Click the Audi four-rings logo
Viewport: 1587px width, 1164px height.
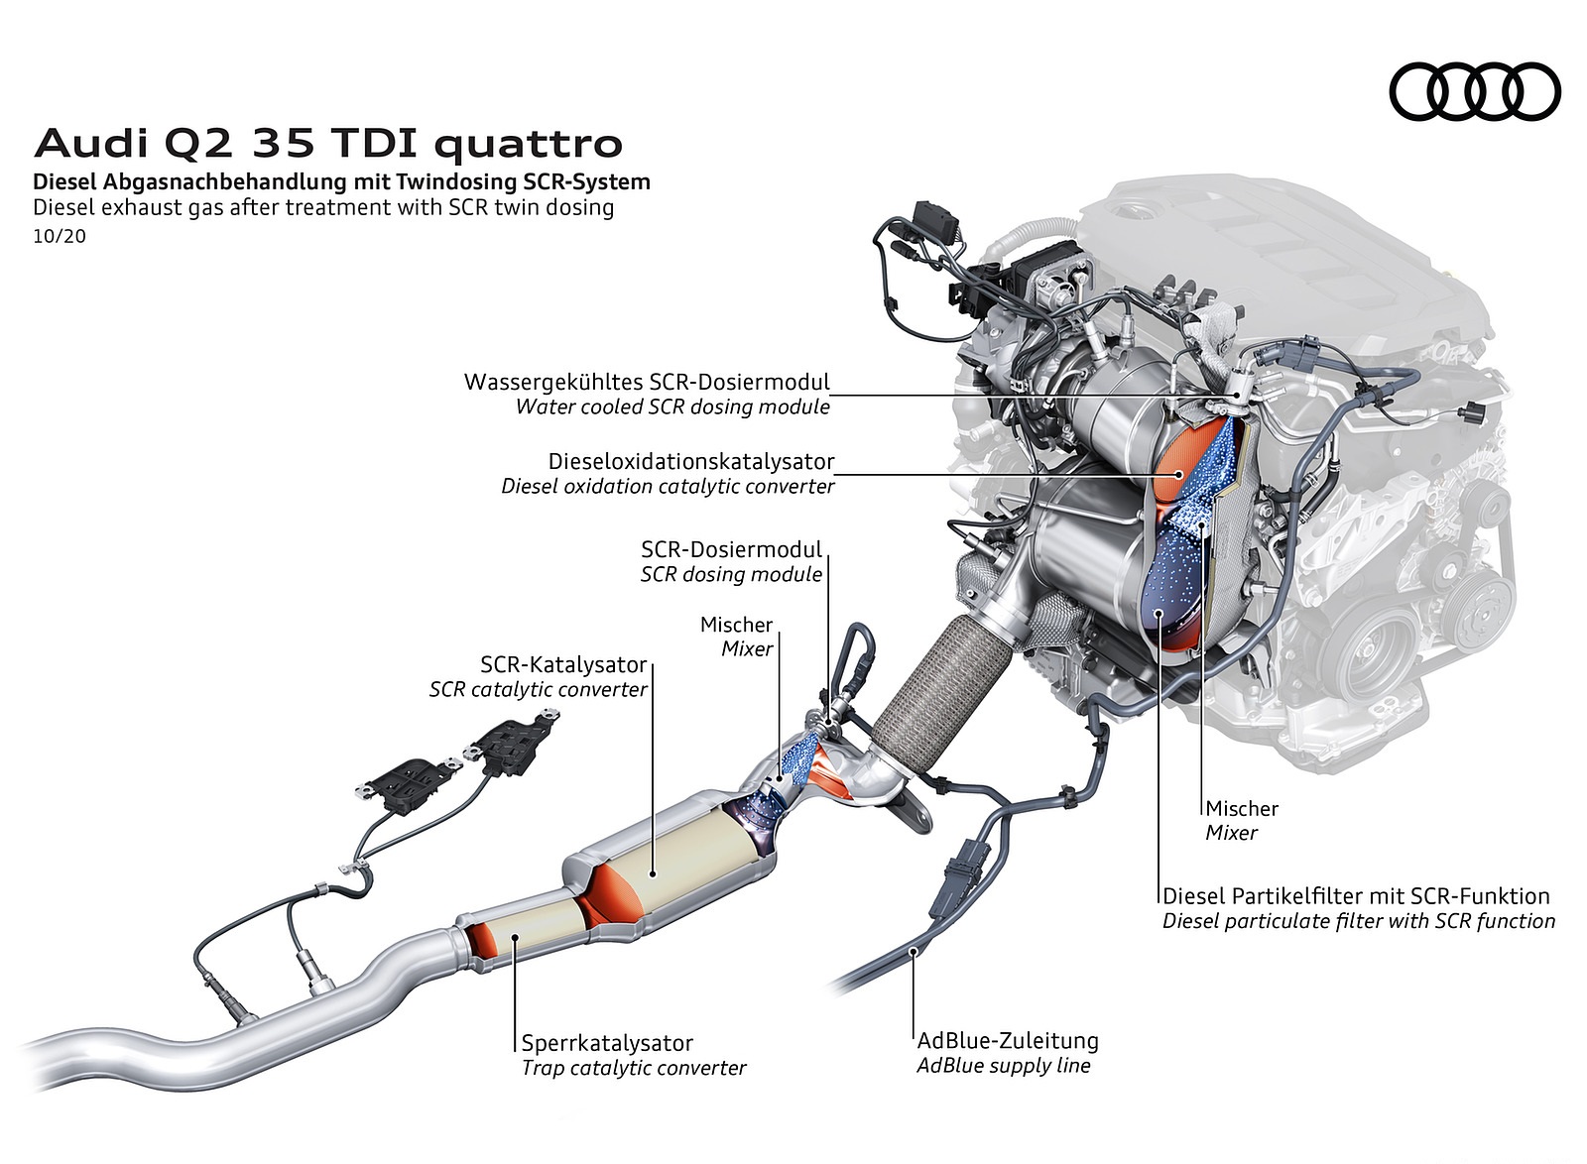pyautogui.click(x=1475, y=92)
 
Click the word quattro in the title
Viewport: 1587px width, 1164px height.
pyautogui.click(x=529, y=145)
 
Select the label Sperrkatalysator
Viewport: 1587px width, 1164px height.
pyautogui.click(x=607, y=1042)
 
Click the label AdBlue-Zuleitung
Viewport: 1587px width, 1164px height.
pyautogui.click(x=1008, y=1040)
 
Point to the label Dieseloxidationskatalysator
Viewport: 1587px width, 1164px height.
pyautogui.click(x=691, y=462)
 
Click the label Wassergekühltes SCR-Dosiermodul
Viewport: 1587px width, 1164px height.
pyautogui.click(x=647, y=382)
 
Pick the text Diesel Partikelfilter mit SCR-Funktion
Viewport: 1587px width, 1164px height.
pyautogui.click(x=1356, y=896)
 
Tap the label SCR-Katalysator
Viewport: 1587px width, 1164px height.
pyautogui.click(x=563, y=664)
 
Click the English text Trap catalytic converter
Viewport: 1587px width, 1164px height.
pyautogui.click(x=634, y=1068)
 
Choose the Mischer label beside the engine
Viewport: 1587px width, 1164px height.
pyautogui.click(x=1242, y=808)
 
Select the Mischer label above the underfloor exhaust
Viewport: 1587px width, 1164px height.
pyautogui.click(x=736, y=625)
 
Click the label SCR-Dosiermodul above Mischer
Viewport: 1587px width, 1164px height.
pyautogui.click(x=731, y=549)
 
